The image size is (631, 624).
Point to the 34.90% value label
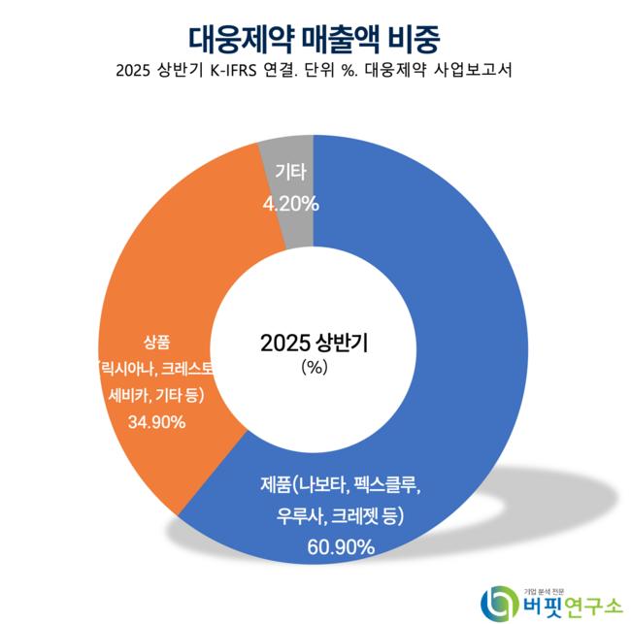click(156, 422)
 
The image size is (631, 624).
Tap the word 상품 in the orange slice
click(156, 342)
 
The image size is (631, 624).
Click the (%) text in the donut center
click(315, 368)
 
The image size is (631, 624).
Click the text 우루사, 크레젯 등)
click(339, 514)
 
